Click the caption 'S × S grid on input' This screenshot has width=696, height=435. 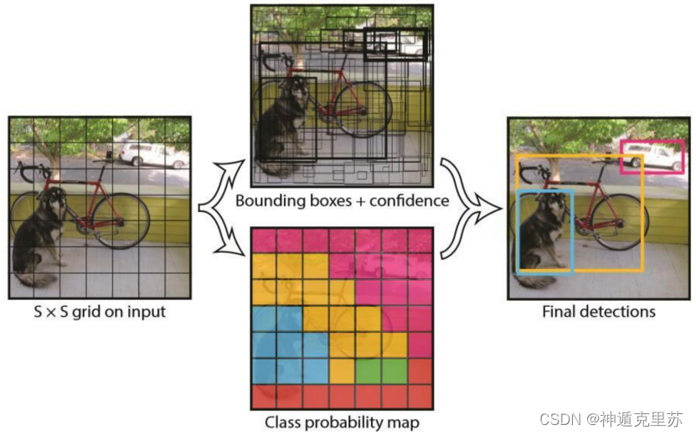(99, 312)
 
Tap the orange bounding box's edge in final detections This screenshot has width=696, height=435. (642, 218)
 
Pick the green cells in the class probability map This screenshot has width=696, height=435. (381, 370)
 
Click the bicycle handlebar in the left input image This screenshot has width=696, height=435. (24, 173)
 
